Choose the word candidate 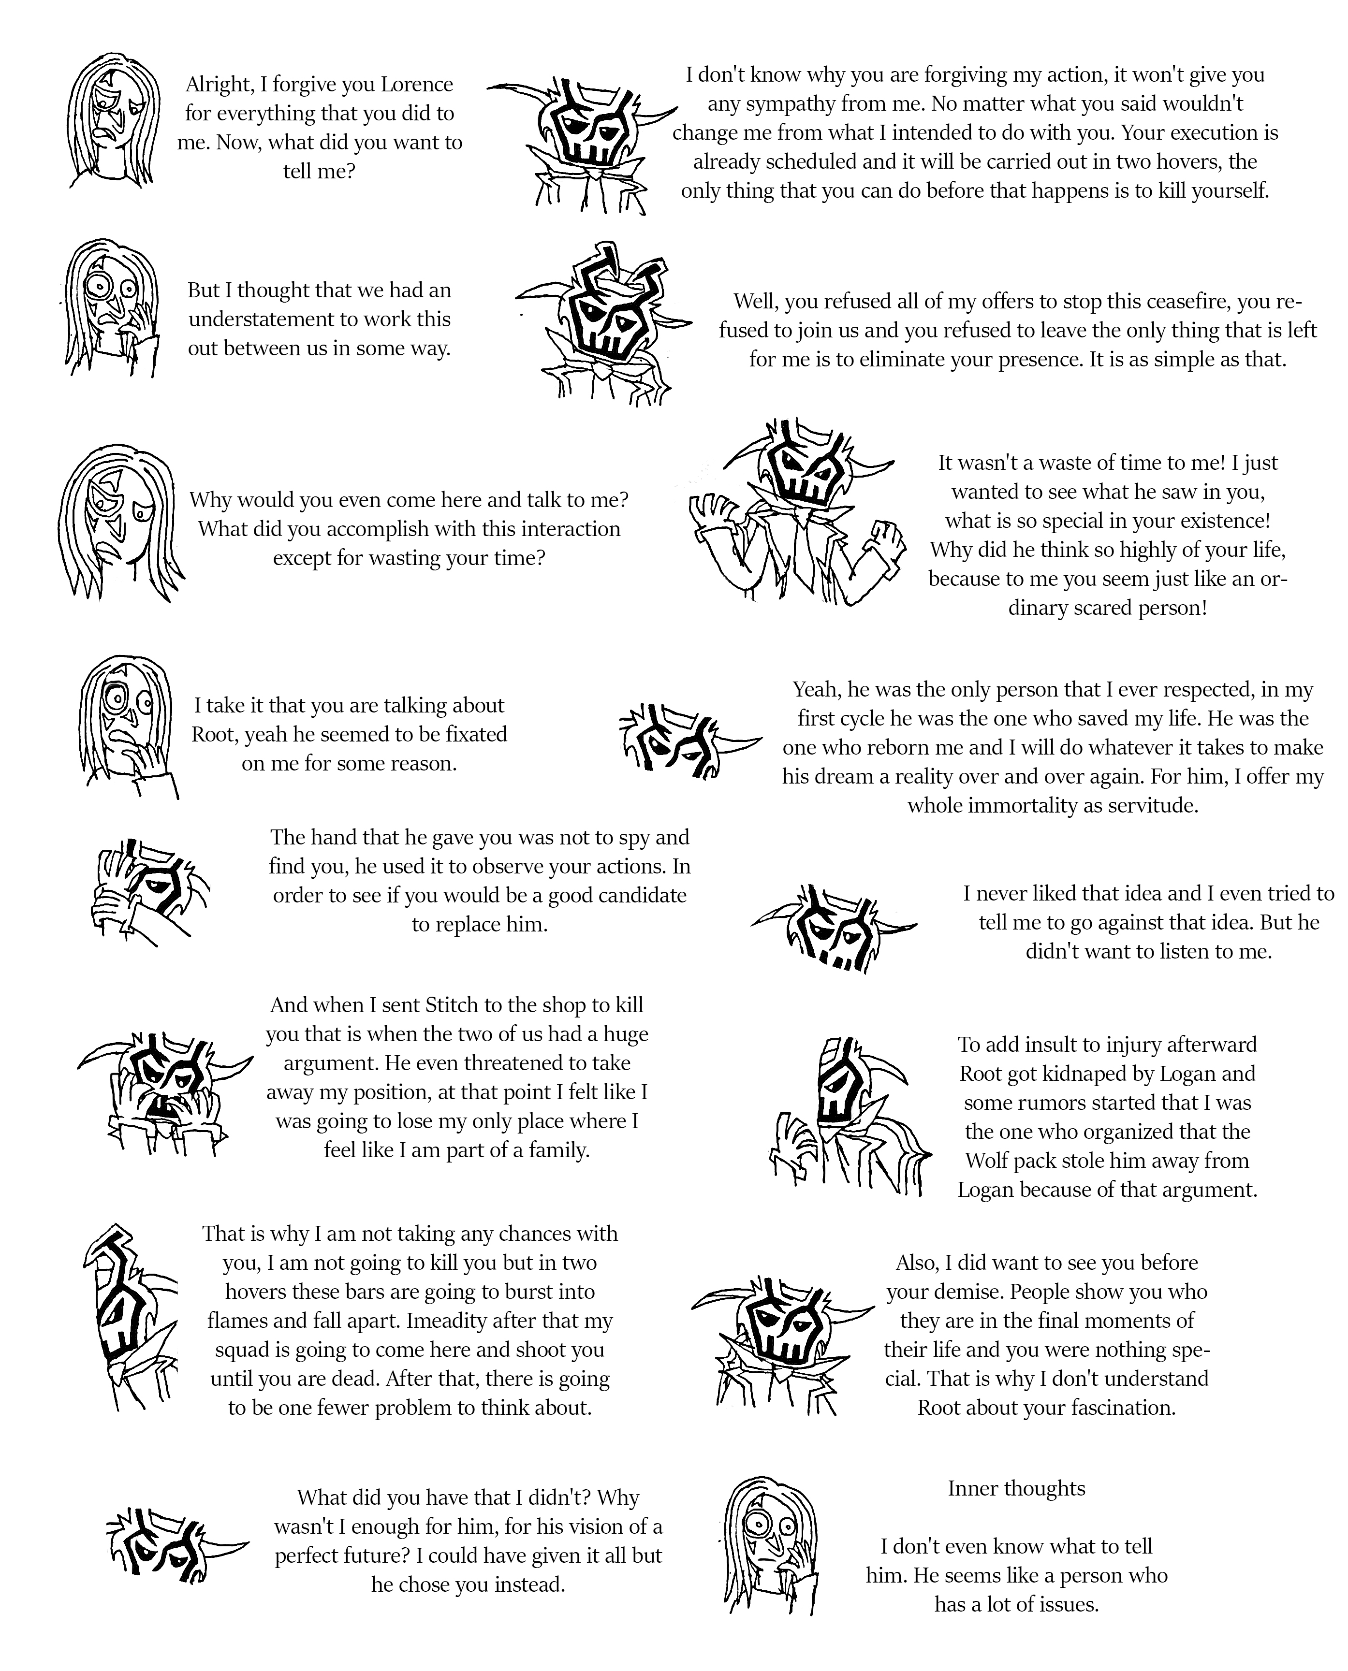point(644,896)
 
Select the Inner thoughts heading point(1016,1489)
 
